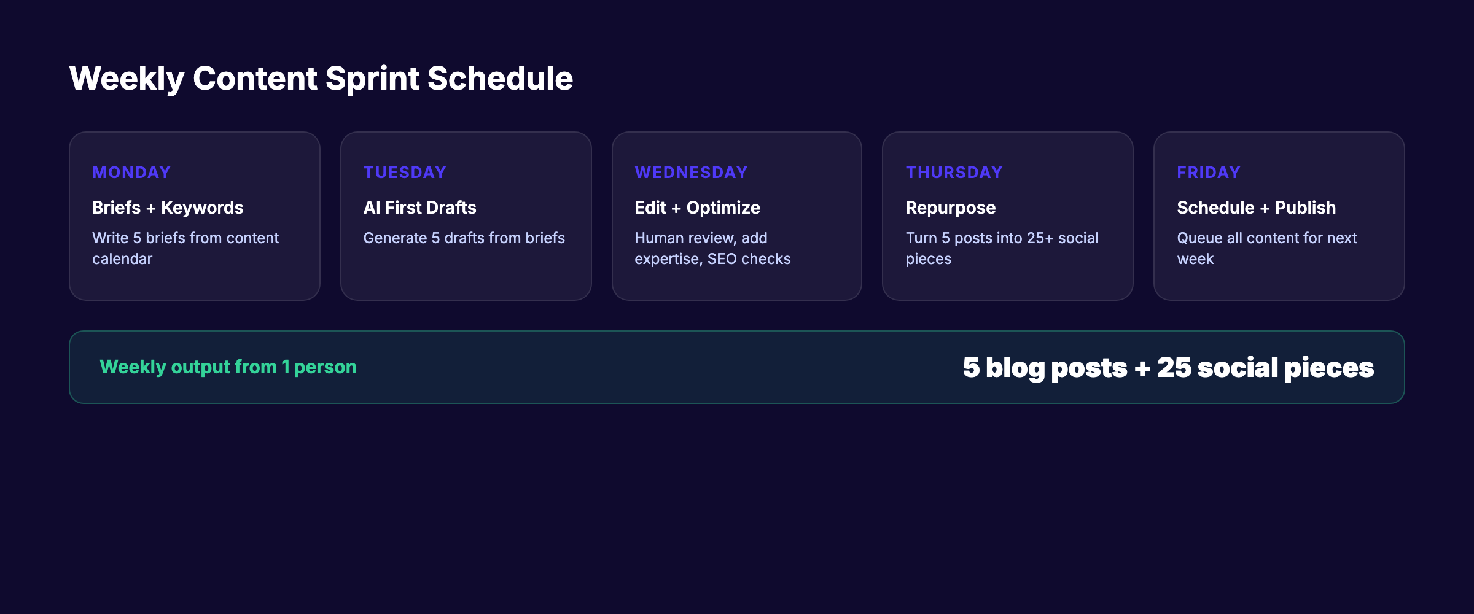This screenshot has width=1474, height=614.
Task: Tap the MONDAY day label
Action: pos(131,173)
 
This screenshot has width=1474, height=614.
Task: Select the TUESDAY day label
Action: pos(404,173)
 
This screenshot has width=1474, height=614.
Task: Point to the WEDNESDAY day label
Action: pos(690,173)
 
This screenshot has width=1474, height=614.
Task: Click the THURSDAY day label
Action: pos(954,173)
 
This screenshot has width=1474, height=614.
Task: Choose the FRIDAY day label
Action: pos(1208,173)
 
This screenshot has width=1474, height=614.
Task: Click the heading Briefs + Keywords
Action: pos(168,208)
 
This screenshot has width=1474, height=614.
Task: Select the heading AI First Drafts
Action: pos(419,208)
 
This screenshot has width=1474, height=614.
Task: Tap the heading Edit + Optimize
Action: pos(697,208)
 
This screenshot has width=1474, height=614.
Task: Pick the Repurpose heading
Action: pos(950,208)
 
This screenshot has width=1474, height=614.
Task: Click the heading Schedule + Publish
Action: pos(1256,208)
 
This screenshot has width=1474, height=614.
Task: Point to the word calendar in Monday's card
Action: pos(122,259)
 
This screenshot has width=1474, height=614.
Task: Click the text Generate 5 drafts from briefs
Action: pos(464,238)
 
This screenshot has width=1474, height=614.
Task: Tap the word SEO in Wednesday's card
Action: pos(722,259)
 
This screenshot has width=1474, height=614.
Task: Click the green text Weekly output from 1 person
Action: pos(228,367)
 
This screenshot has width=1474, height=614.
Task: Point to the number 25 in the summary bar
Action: pos(1174,368)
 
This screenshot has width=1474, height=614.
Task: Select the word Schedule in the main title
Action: pos(500,79)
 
